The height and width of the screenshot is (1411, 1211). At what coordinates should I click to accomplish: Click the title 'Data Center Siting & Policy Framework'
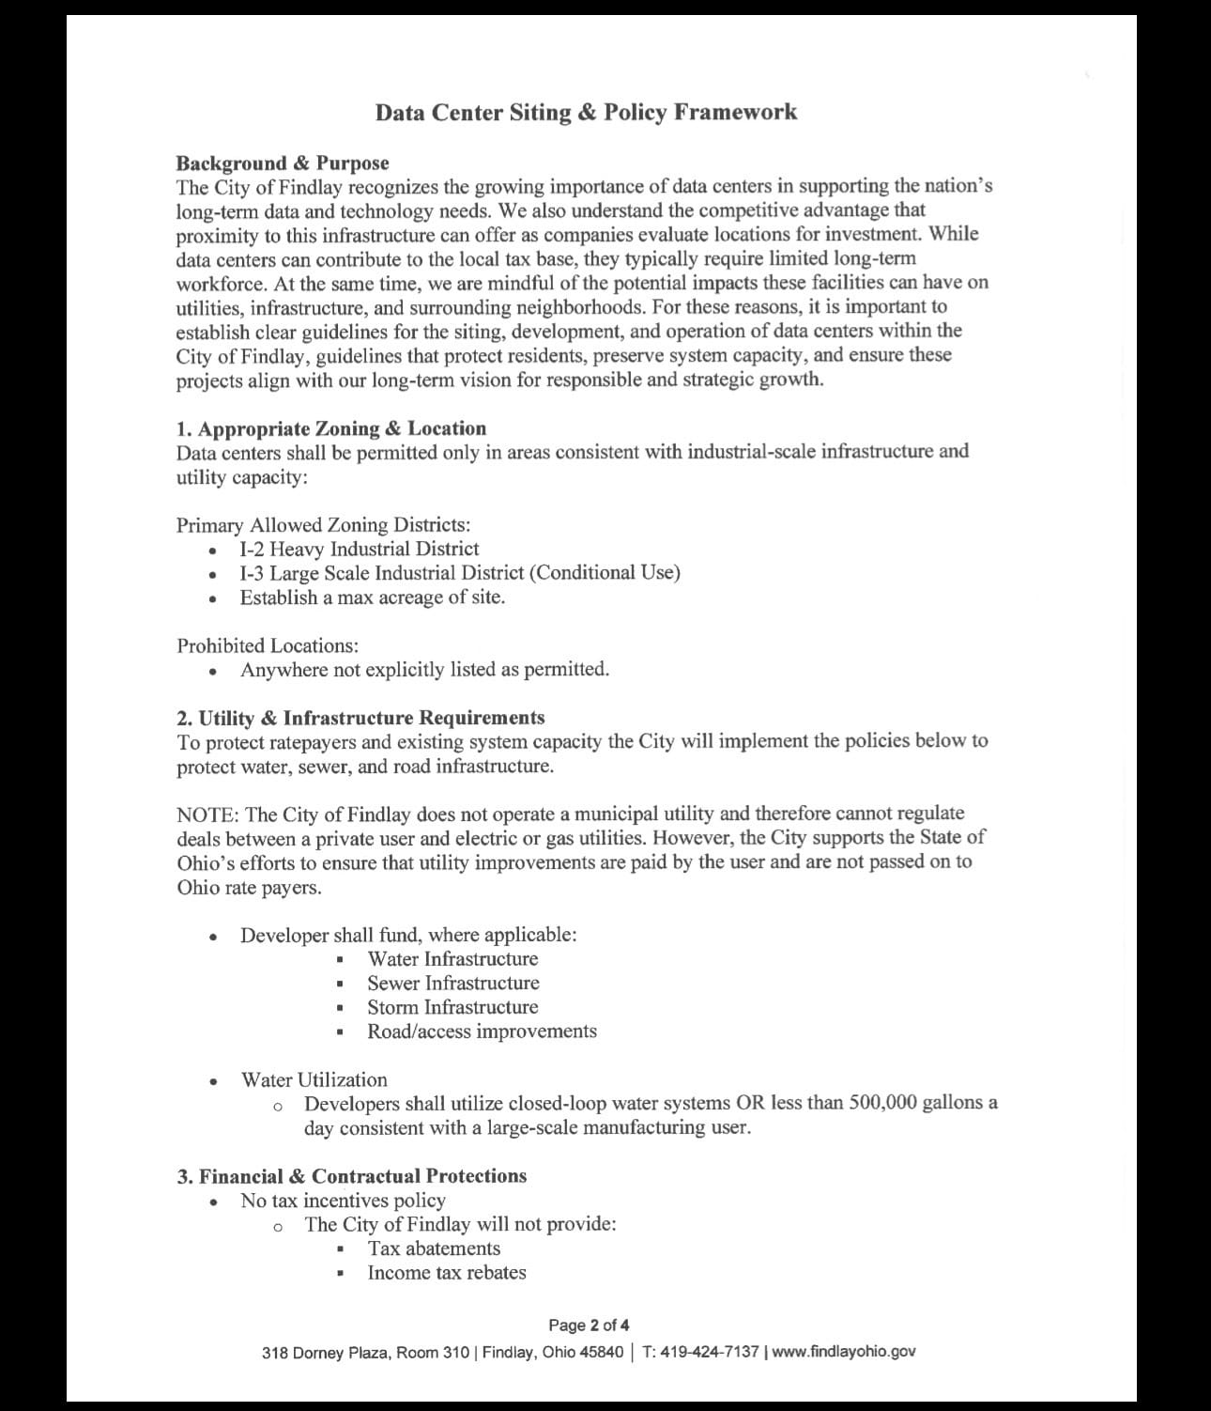point(586,113)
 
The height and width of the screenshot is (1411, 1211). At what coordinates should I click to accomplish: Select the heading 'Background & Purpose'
point(283,163)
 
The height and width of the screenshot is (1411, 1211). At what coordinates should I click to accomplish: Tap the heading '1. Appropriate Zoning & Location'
point(331,428)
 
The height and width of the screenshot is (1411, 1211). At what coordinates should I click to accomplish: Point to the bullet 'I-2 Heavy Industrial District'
point(359,549)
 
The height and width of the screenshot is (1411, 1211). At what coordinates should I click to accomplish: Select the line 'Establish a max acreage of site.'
point(372,597)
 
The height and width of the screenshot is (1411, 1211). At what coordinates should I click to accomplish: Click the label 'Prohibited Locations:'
point(268,645)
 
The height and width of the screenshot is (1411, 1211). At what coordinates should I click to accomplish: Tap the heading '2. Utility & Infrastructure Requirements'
point(360,718)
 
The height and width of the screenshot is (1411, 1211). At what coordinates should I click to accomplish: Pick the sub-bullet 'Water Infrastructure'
point(452,959)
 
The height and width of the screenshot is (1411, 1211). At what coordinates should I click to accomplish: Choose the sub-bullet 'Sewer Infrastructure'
point(452,984)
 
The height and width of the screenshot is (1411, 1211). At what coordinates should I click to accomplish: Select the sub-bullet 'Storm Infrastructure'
point(452,1007)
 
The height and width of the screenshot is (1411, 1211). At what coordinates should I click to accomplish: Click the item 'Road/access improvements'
point(482,1031)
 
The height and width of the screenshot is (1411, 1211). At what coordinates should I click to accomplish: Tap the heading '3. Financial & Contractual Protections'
point(352,1176)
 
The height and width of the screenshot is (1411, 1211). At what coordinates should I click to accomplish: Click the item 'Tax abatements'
point(434,1248)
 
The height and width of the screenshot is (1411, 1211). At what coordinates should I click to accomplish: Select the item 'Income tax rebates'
point(447,1273)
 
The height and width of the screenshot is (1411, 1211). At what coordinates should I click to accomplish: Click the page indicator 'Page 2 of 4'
point(589,1326)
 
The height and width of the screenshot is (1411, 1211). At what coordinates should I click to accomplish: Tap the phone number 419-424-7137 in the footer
point(709,1353)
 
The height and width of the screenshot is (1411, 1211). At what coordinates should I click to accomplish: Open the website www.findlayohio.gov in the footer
point(843,1353)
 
